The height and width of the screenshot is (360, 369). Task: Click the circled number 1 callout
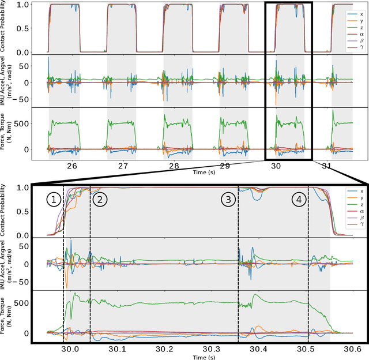pyautogui.click(x=53, y=200)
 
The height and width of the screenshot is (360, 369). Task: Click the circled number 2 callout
pyautogui.click(x=100, y=200)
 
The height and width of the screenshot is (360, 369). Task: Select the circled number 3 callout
pyautogui.click(x=229, y=200)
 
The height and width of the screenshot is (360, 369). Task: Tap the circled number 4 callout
pyautogui.click(x=299, y=200)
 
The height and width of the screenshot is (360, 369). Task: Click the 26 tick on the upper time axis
pyautogui.click(x=72, y=166)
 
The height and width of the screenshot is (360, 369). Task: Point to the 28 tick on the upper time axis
pyautogui.click(x=174, y=166)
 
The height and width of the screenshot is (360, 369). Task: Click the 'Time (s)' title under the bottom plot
pyautogui.click(x=193, y=357)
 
